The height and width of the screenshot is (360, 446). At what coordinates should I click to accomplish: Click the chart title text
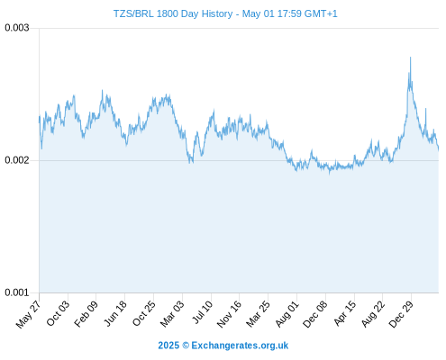225,13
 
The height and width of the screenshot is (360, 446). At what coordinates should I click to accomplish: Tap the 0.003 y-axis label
17,28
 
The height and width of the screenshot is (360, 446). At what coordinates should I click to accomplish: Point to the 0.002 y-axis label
17,160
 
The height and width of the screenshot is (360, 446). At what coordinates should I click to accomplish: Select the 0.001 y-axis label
17,292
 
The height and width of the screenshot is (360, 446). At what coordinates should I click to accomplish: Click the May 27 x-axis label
28,314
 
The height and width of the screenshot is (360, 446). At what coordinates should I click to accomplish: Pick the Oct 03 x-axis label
58,313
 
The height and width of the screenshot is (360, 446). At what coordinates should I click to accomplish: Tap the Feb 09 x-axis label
86,313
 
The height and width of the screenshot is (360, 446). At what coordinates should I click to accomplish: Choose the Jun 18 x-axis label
115,313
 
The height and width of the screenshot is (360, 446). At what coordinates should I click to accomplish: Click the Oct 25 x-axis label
144,313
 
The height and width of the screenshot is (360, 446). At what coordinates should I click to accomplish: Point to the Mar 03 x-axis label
171,313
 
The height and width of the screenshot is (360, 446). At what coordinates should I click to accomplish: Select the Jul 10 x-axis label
203,312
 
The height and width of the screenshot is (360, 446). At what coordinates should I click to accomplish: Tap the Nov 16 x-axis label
229,314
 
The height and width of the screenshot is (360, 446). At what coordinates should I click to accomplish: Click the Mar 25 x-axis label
258,313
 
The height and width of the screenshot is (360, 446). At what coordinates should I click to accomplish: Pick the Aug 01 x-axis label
287,313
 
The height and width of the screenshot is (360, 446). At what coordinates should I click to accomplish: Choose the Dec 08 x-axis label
314,314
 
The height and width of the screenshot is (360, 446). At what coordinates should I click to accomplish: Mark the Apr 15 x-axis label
345,313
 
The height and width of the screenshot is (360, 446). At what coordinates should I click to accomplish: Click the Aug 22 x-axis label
373,313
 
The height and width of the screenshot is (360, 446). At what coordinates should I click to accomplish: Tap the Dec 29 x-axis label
401,314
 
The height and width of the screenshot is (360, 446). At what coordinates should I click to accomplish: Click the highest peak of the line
410,57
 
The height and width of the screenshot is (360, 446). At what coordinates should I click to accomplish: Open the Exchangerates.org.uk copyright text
223,346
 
